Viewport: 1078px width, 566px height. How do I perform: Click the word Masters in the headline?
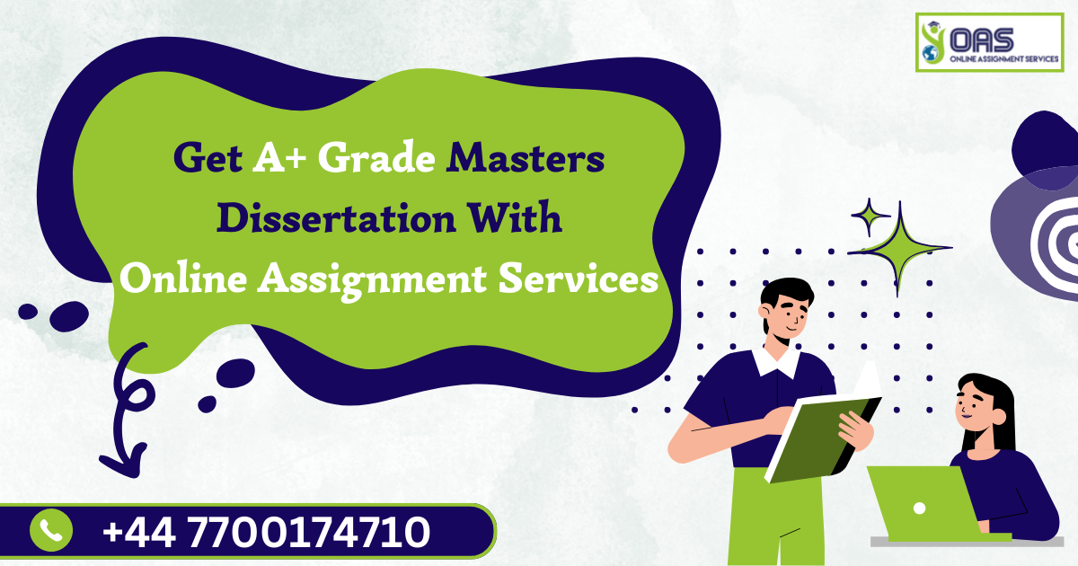pos(525,158)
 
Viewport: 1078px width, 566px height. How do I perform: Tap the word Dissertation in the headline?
pos(336,218)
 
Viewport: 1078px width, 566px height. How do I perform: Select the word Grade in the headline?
pos(376,157)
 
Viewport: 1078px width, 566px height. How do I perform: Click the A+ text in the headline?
pos(279,157)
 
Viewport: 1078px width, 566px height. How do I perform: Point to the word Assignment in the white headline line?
pos(372,280)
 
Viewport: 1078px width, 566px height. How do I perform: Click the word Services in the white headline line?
pos(578,279)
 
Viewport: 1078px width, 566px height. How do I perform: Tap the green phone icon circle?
pos(51,530)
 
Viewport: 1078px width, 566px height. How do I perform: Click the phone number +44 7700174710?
pos(266,532)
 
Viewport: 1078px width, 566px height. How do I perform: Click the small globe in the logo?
pos(930,53)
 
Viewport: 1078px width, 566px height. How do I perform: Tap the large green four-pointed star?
pos(899,248)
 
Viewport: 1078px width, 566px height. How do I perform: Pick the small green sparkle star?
pos(870,217)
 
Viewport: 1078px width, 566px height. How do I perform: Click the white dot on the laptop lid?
pos(919,509)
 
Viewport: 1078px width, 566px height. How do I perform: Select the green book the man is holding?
pos(824,438)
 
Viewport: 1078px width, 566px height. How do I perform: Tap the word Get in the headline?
pos(208,157)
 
